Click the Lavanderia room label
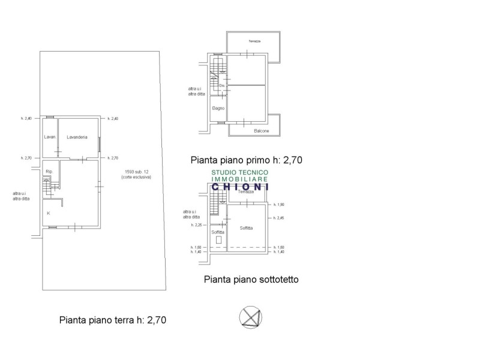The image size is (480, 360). [x=77, y=137]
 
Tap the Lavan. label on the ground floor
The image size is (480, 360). [x=50, y=137]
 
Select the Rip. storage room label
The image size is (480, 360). [x=49, y=172]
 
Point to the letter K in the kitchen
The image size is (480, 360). [x=48, y=212]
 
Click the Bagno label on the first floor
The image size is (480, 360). [x=218, y=109]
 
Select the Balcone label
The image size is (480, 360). [x=261, y=131]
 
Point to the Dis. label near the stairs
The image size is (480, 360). [x=221, y=86]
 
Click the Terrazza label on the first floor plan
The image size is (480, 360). [x=254, y=41]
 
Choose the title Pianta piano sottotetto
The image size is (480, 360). [x=251, y=280]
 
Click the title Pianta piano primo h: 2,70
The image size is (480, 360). [x=245, y=160]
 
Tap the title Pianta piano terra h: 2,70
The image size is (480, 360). [x=112, y=320]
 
